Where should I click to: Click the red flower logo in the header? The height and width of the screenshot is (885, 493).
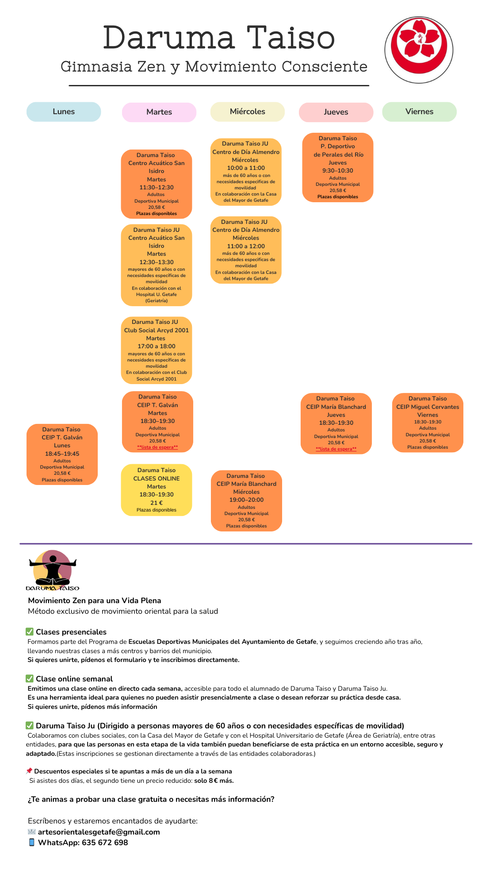[418, 50]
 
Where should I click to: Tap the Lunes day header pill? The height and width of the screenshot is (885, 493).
[64, 112]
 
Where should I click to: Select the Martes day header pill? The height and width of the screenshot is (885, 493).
[159, 112]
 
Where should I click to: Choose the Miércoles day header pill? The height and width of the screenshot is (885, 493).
[248, 112]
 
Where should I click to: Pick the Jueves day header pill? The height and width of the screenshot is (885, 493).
[336, 112]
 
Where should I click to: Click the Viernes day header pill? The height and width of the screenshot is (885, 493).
[419, 112]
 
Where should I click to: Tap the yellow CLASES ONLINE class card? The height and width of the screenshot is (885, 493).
[157, 490]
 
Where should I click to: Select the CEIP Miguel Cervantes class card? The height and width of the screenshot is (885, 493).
[428, 423]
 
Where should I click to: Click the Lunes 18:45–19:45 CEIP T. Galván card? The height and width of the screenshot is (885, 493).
[62, 454]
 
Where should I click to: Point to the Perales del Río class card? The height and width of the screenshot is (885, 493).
[338, 167]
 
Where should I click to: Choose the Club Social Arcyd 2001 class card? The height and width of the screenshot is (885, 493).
[157, 350]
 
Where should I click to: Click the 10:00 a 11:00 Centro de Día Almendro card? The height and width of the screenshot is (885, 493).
[246, 172]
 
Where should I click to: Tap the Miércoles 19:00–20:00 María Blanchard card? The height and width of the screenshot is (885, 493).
[246, 500]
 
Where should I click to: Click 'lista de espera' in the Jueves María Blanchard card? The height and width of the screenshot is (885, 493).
[336, 449]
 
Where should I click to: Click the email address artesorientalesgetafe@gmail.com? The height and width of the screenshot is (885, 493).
[99, 832]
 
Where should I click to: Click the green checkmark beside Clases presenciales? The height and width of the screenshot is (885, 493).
[30, 631]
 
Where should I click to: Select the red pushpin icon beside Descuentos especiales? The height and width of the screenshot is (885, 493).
[29, 771]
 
